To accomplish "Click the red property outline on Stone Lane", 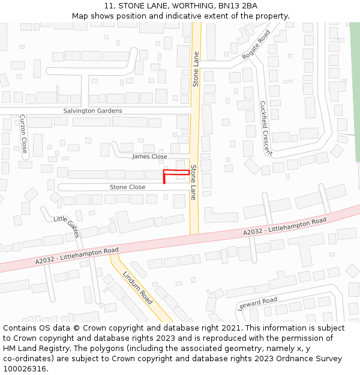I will (176, 173).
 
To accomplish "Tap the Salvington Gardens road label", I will (92, 111).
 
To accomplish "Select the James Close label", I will (149, 157).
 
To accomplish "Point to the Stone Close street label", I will (127, 187).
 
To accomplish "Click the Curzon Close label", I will (23, 133).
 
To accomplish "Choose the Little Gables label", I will (67, 227).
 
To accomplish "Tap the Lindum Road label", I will (137, 287).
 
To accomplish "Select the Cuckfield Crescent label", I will (266, 128).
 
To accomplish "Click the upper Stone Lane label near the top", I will (196, 69).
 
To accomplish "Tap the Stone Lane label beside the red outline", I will (193, 182).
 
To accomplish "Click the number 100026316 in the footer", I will (25, 368).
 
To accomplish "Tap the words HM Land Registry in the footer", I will (34, 348).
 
